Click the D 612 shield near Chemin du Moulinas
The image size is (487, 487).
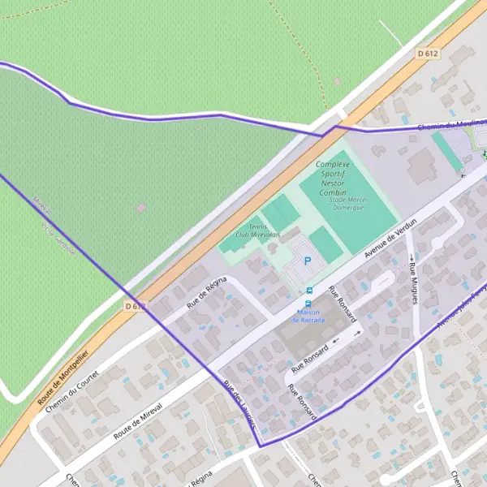coord(428,54)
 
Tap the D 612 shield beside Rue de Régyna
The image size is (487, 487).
coord(136,306)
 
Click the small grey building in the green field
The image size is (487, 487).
coord(141,209)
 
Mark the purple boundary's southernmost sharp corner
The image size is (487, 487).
coord(260,446)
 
